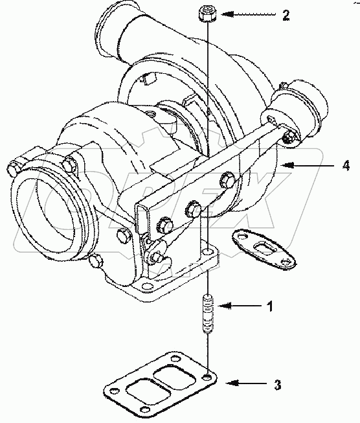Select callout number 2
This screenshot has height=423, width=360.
tap(286, 15)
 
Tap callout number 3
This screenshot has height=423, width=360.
tap(277, 385)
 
